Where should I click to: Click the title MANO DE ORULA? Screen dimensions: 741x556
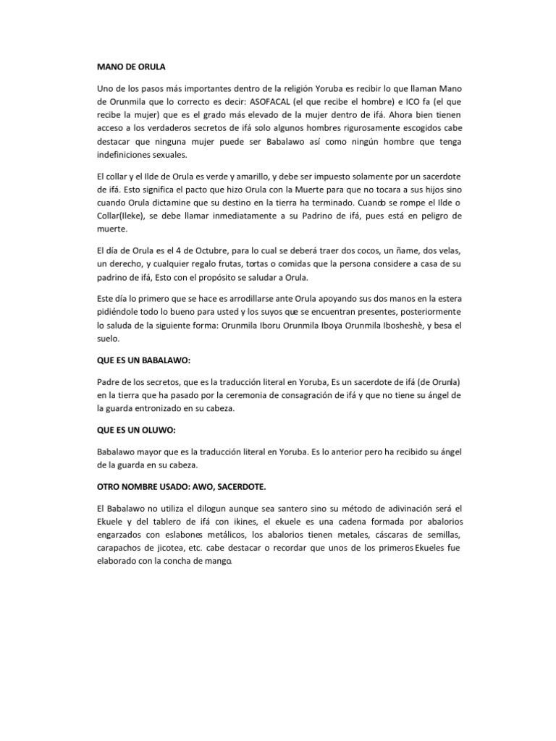pos(131,67)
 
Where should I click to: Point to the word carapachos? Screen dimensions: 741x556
pos(122,548)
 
